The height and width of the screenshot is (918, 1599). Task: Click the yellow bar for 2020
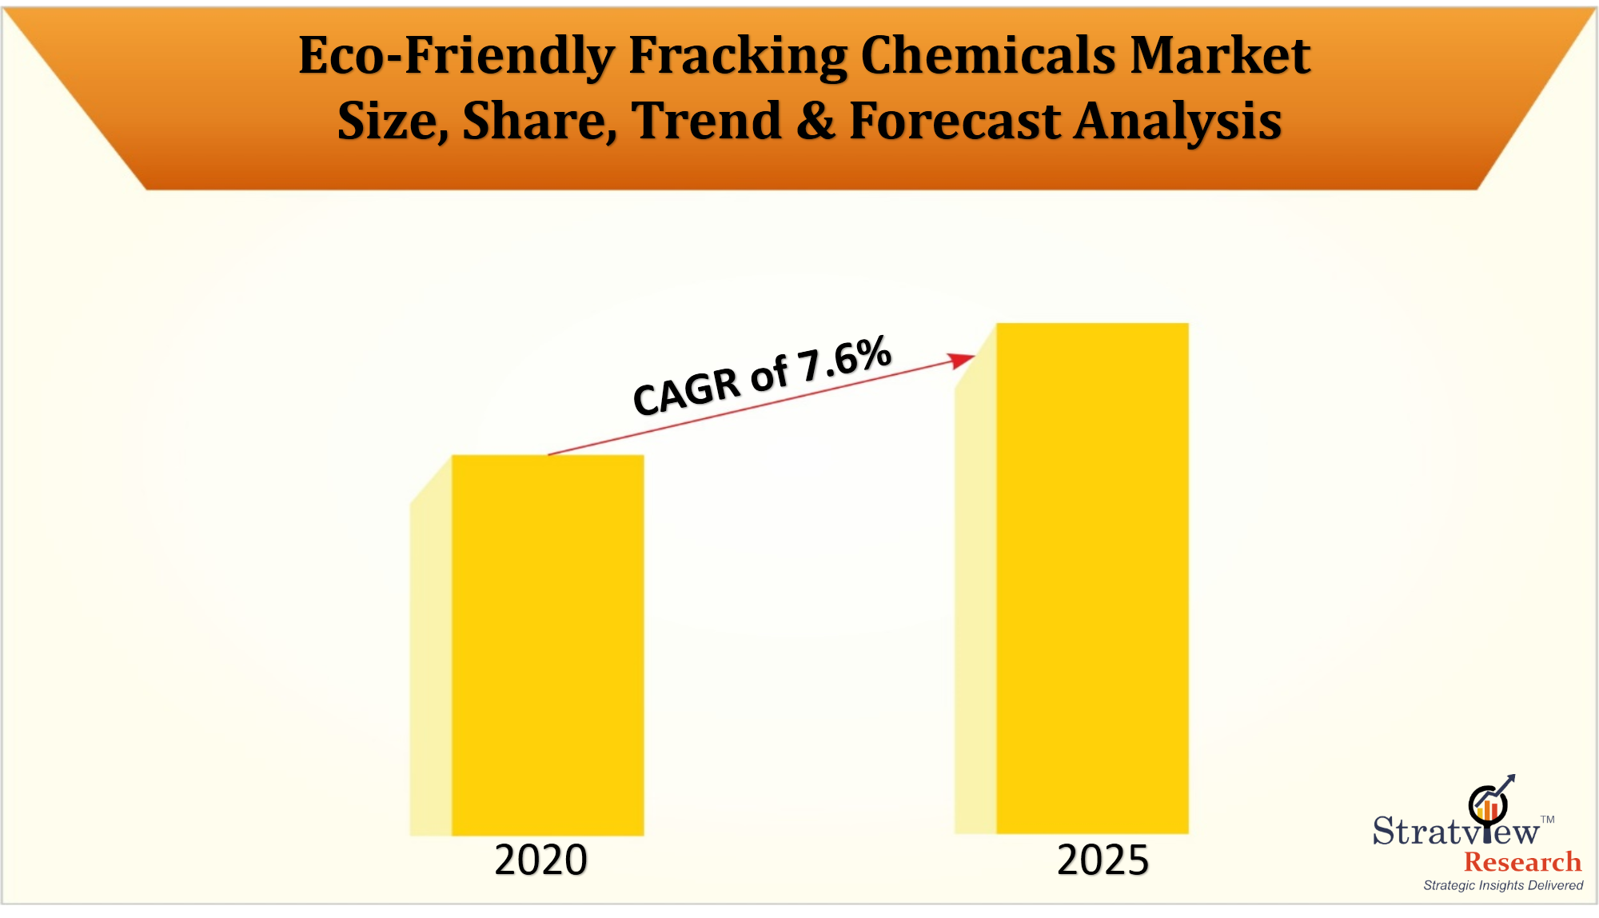(x=548, y=645)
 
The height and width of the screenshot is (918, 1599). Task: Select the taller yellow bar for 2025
(x=1092, y=578)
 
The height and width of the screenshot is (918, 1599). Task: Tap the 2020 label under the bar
(x=540, y=860)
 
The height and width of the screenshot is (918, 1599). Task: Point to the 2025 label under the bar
(x=1103, y=860)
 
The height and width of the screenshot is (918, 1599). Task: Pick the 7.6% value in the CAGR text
(x=844, y=357)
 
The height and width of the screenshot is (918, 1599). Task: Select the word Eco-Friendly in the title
(x=457, y=56)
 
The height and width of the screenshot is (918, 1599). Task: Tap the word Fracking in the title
(x=737, y=56)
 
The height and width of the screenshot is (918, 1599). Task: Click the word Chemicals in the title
(x=987, y=56)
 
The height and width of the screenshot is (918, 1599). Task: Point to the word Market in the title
(x=1220, y=56)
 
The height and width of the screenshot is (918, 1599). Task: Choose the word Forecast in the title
(x=955, y=121)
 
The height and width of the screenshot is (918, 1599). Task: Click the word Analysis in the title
(x=1178, y=122)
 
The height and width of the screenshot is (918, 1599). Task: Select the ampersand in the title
(x=815, y=121)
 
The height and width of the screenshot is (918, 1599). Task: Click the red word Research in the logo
(x=1522, y=861)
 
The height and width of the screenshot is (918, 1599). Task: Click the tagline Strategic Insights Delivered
(x=1503, y=885)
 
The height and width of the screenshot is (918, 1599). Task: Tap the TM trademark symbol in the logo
(x=1548, y=820)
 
